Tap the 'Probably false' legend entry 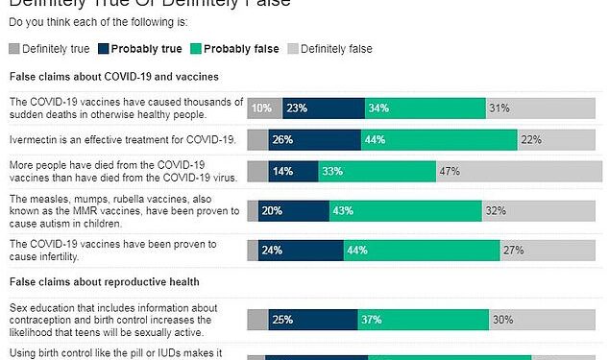pos(236,48)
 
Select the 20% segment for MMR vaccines pos(294,210)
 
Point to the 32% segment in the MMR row pos(520,210)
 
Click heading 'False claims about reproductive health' pos(104,281)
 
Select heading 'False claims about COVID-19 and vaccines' pos(114,75)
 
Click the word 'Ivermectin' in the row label pos(36,140)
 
